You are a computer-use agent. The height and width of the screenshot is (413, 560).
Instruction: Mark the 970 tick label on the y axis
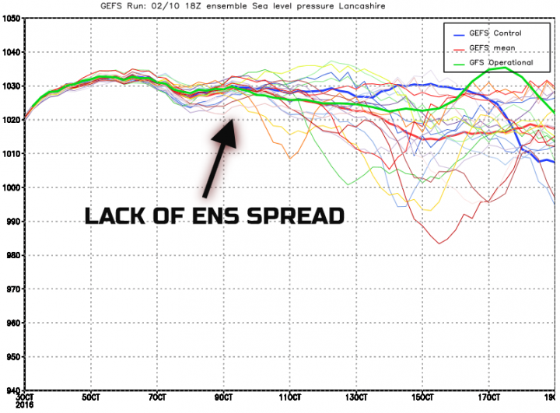click(x=12, y=289)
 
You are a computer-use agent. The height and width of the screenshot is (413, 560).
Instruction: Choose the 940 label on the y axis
click(x=12, y=391)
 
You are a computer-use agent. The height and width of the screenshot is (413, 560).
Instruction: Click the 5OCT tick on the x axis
click(x=91, y=397)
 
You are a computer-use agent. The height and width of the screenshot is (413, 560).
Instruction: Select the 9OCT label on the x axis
click(x=223, y=397)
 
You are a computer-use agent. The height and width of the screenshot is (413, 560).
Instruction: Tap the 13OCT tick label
click(x=356, y=397)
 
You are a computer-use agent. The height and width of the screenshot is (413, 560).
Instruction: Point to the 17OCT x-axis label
click(x=488, y=397)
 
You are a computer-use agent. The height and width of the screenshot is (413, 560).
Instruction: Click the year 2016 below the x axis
click(x=24, y=404)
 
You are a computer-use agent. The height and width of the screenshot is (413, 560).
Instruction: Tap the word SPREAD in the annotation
click(x=296, y=216)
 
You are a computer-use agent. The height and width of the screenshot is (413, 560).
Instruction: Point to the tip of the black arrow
click(x=233, y=119)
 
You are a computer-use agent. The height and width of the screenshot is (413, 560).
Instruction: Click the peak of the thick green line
click(x=504, y=67)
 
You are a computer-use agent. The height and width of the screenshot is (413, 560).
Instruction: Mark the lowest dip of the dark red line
click(x=439, y=243)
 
